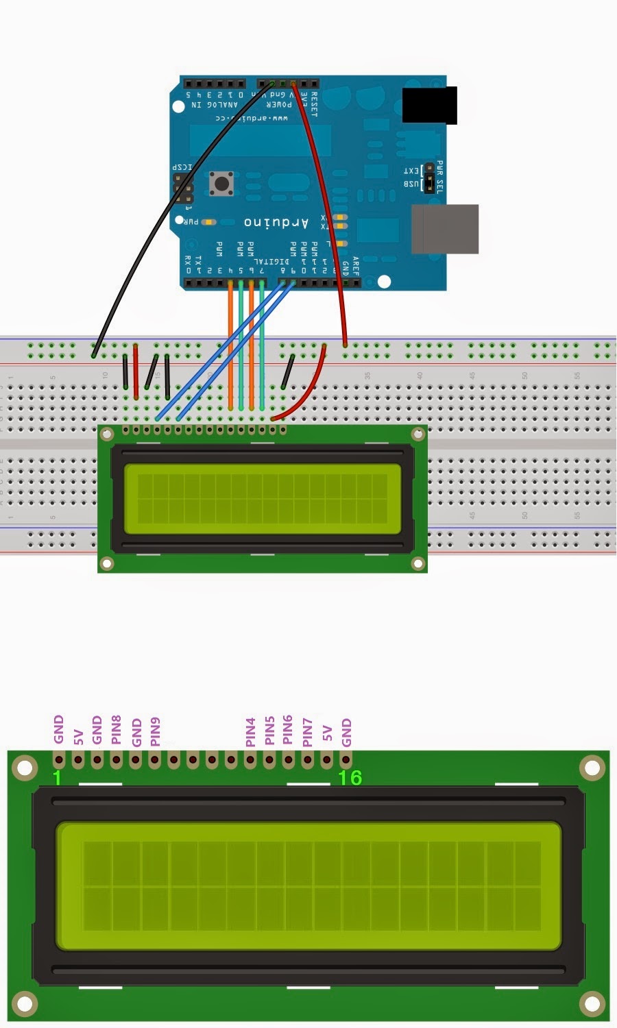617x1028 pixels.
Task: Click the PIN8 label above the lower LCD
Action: [117, 731]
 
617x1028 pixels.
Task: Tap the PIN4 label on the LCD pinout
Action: [250, 732]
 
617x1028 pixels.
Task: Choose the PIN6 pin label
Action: [288, 731]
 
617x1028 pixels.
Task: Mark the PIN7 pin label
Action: [307, 732]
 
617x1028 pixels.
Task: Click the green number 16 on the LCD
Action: [350, 778]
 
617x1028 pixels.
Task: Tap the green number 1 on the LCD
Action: [58, 778]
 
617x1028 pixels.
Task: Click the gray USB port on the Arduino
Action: [444, 229]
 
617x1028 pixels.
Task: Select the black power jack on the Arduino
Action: [429, 105]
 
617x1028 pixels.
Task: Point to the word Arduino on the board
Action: [276, 223]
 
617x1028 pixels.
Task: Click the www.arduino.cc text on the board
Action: [252, 118]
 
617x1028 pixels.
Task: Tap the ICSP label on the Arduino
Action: [182, 168]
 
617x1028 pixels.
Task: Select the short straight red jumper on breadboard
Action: [136, 372]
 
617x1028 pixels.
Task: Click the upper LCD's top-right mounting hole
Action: [418, 435]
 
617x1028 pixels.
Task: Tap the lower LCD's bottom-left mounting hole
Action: [24, 1005]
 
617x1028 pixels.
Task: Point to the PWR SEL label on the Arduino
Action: [440, 178]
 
